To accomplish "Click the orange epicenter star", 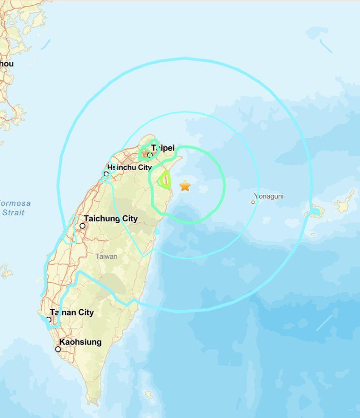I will click(185, 186).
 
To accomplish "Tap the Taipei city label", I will click(163, 148).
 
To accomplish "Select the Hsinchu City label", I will click(129, 167).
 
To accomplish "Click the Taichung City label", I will click(111, 218).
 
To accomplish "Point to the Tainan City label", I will click(72, 312).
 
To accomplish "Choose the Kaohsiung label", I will click(80, 342).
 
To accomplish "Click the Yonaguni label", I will click(269, 196).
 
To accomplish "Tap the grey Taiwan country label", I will click(106, 256).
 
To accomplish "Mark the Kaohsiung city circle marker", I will click(58, 349).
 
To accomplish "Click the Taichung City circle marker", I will click(82, 226).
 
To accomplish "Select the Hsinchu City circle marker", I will click(106, 174).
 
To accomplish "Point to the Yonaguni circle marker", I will click(253, 202).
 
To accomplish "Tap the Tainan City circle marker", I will click(49, 320).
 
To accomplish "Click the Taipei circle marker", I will click(149, 155).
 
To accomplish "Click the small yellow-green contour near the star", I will click(165, 180).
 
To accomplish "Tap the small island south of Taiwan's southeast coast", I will click(149, 395).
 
